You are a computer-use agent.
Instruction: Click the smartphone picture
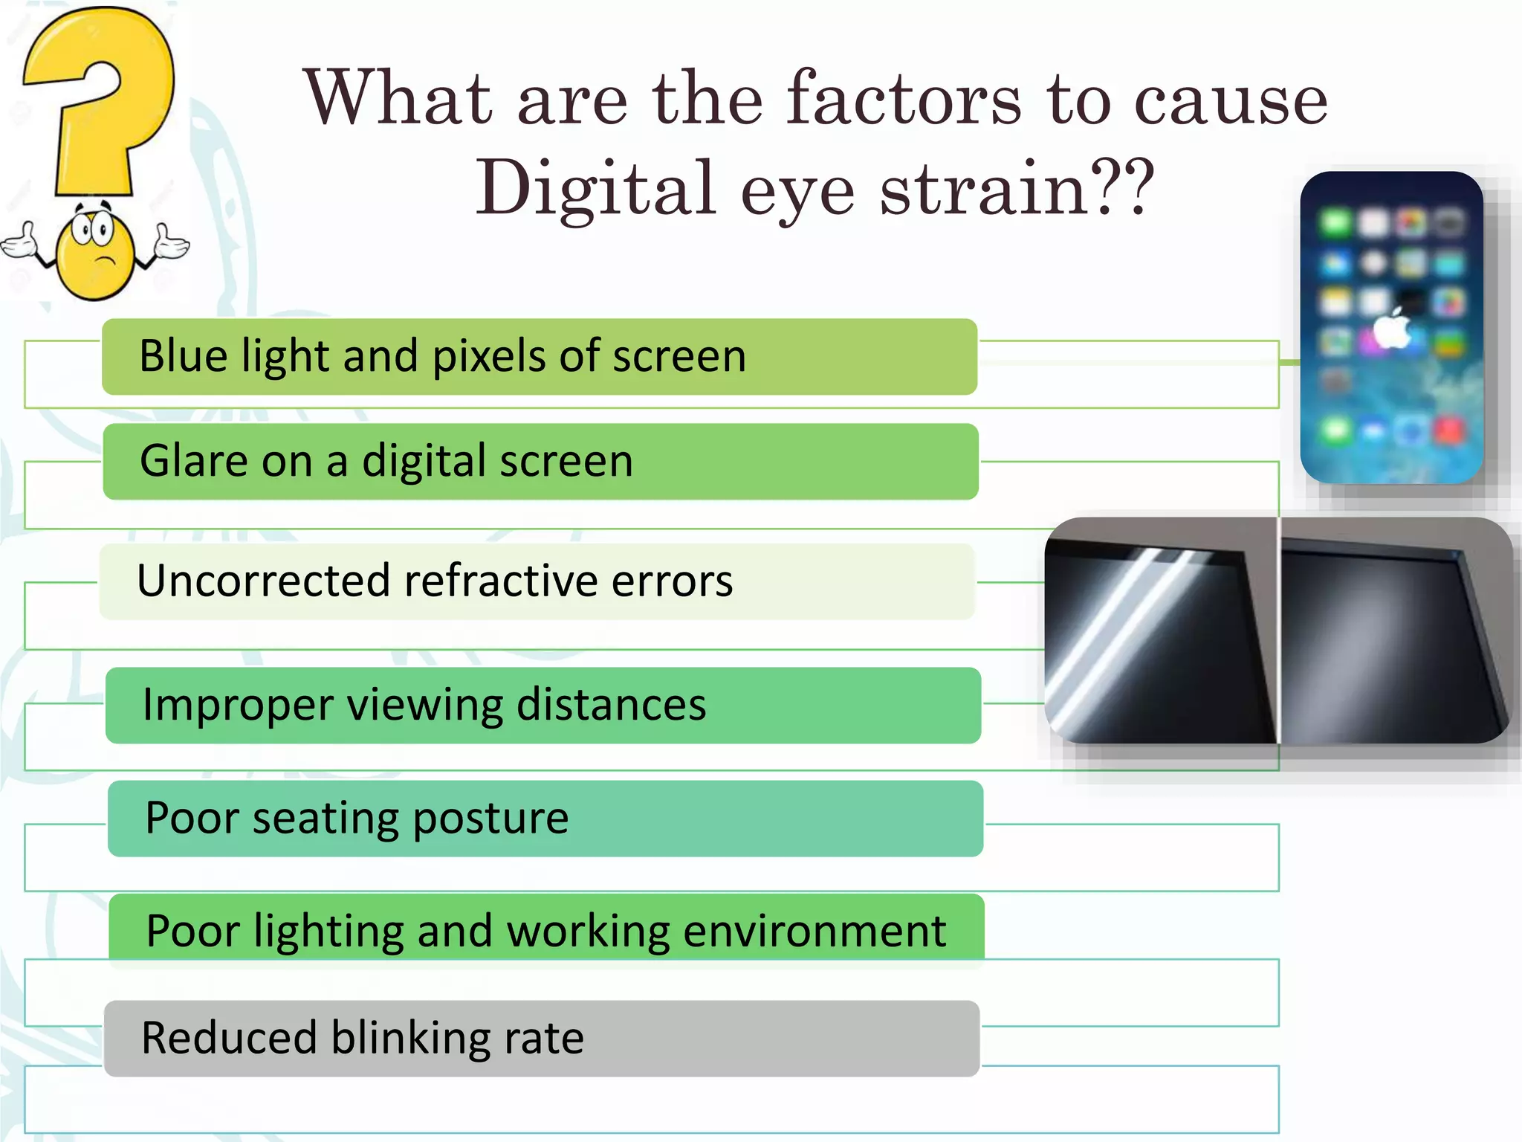pyautogui.click(x=1391, y=327)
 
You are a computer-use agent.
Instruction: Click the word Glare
pyautogui.click(x=194, y=461)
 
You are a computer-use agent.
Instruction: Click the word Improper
pyautogui.click(x=238, y=706)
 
